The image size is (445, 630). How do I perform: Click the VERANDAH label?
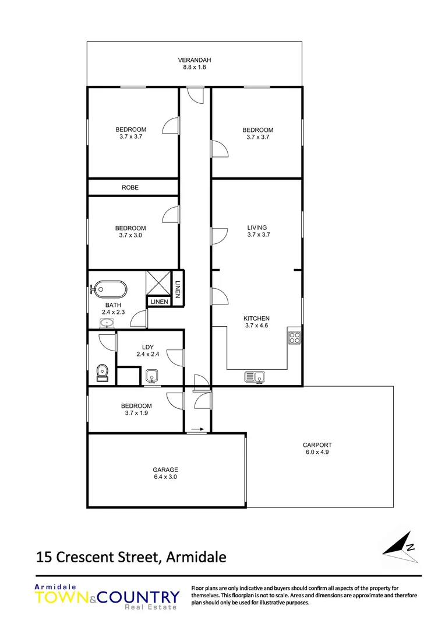click(x=194, y=60)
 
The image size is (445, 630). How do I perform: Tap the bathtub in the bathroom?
click(x=110, y=289)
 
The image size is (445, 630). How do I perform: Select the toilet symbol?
click(x=103, y=371)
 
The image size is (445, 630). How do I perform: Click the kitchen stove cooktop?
click(x=294, y=337)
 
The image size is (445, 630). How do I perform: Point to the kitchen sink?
click(x=255, y=377)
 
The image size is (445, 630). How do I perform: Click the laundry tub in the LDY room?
click(x=152, y=376)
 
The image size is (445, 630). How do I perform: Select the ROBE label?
click(x=130, y=187)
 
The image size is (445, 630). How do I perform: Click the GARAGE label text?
click(x=165, y=469)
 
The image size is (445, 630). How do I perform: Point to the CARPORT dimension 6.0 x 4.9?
click(x=318, y=452)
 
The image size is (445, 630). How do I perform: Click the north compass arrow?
click(x=401, y=546)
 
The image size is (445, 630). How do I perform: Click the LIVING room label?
click(x=257, y=228)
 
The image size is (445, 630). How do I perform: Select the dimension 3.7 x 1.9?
click(x=136, y=413)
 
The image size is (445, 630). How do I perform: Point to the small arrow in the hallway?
click(x=197, y=429)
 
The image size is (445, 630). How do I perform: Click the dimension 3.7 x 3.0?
click(x=130, y=235)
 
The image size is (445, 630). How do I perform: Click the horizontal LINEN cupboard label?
click(x=159, y=302)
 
